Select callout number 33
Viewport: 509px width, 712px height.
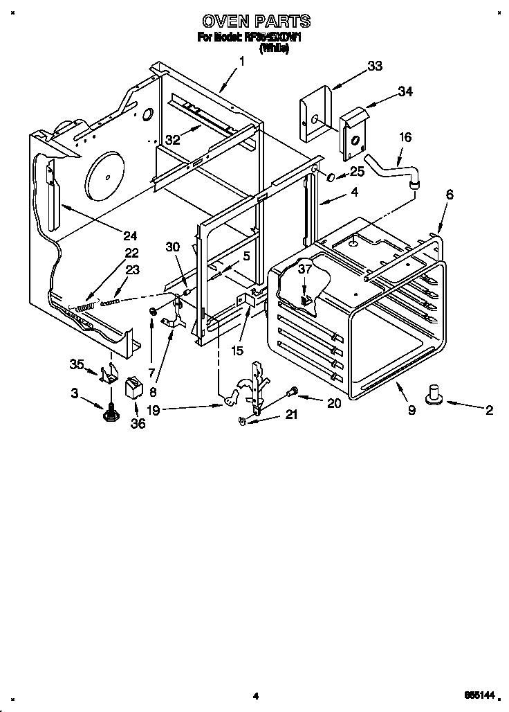[375, 66]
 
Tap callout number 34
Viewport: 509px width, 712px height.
[405, 91]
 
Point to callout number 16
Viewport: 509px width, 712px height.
[405, 138]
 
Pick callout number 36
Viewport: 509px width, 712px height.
[138, 422]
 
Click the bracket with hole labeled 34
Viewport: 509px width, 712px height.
[353, 135]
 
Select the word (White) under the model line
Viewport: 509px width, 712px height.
[274, 50]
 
